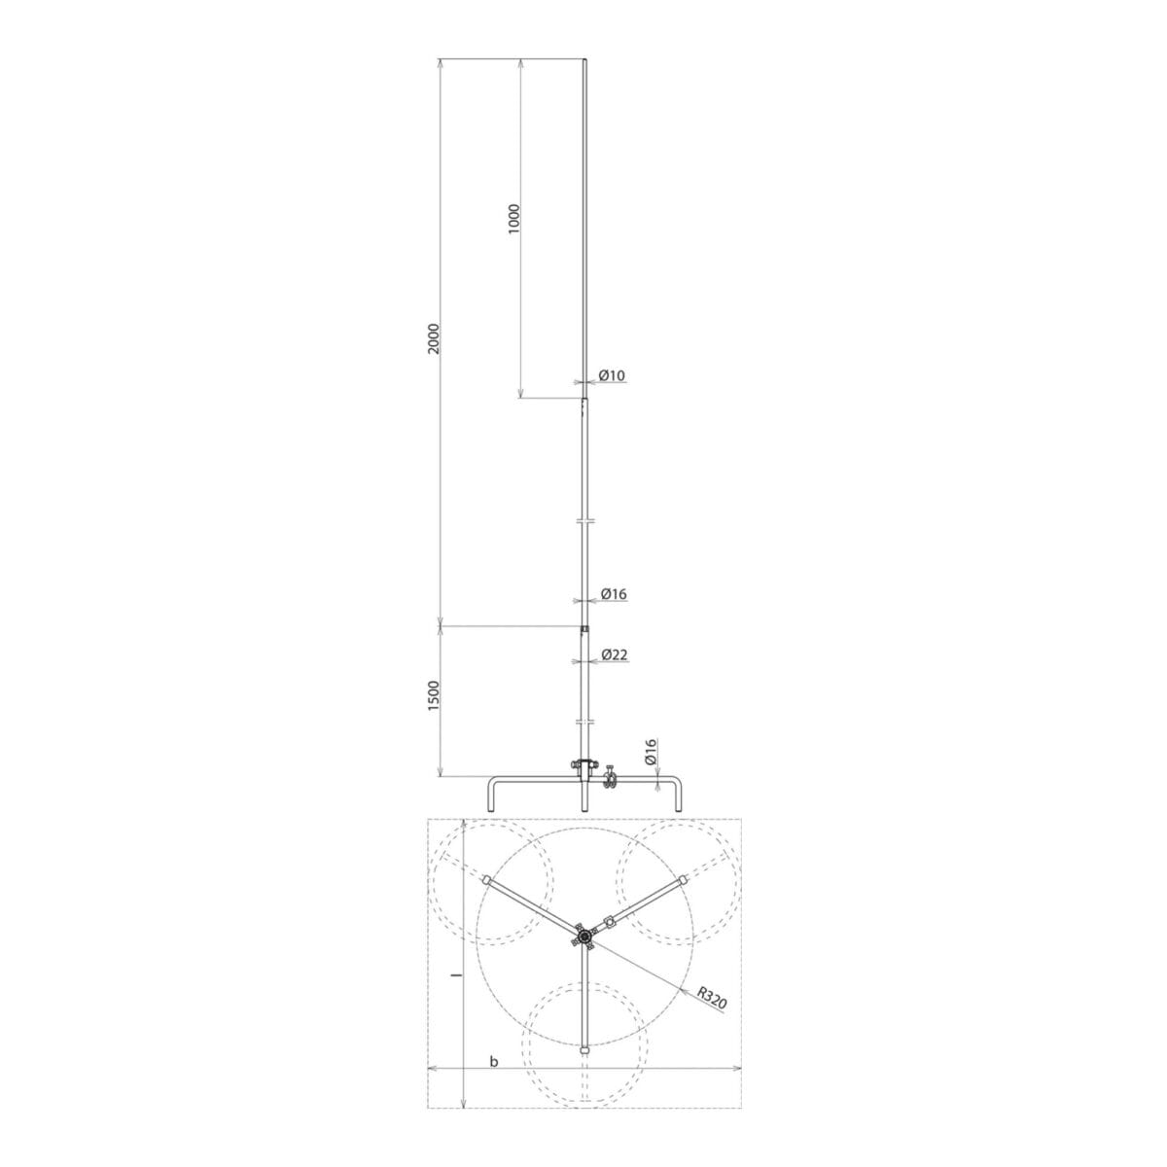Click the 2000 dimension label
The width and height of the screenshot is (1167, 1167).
pyautogui.click(x=433, y=338)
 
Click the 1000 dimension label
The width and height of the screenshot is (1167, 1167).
pyautogui.click(x=514, y=219)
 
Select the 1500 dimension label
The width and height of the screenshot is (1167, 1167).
pyautogui.click(x=434, y=695)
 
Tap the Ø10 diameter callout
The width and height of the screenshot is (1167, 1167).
pyautogui.click(x=612, y=375)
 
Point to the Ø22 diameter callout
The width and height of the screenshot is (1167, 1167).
pyautogui.click(x=615, y=654)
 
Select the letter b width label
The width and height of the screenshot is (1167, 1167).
pyautogui.click(x=494, y=1079)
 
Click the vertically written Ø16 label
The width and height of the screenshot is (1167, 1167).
pyautogui.click(x=651, y=752)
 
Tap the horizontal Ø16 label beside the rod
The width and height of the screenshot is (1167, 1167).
pyautogui.click(x=614, y=593)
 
